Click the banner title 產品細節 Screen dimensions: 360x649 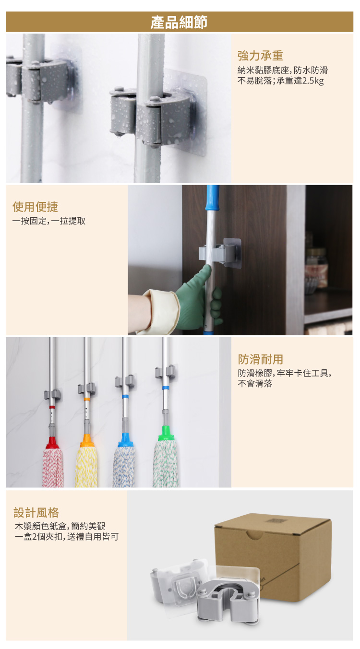tap(179, 23)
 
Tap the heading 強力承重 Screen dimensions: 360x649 tap(260, 56)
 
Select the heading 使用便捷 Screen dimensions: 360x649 tap(35, 207)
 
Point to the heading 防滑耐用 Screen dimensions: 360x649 tap(260, 359)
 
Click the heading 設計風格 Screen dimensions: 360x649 tap(36, 513)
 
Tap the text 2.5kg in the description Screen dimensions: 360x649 tap(313, 81)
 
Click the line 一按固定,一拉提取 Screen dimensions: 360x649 tap(49, 221)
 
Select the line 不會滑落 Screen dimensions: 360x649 tap(255, 384)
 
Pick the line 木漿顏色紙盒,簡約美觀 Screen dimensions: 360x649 tap(60, 526)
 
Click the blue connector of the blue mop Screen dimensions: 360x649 tap(125, 440)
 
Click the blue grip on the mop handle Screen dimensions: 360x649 tap(213, 198)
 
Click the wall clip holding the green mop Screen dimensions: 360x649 tap(165, 372)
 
